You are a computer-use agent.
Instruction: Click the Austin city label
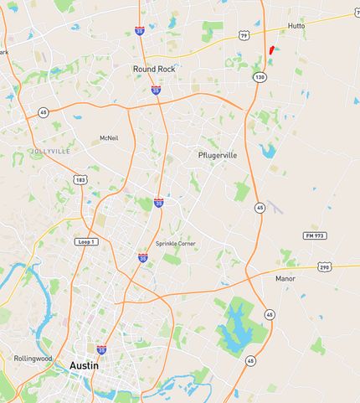click(x=84, y=365)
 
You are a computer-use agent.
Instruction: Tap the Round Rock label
click(x=154, y=69)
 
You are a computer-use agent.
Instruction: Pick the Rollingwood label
click(x=33, y=358)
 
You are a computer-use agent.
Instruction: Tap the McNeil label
click(x=108, y=137)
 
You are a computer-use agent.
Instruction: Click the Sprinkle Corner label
click(x=174, y=243)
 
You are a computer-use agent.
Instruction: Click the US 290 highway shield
click(x=325, y=267)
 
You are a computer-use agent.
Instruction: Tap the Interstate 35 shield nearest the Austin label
click(x=101, y=350)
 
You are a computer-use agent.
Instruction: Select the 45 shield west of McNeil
click(x=43, y=111)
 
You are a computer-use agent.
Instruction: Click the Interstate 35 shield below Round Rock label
click(x=156, y=90)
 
